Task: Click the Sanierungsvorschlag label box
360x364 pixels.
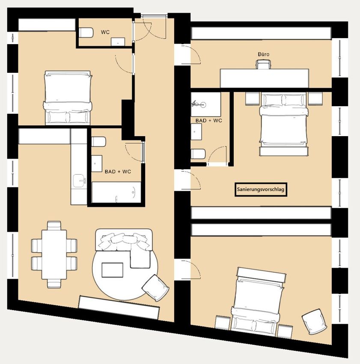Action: (x=261, y=189)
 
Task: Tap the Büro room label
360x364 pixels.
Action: (x=263, y=54)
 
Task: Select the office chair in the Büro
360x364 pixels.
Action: (x=263, y=64)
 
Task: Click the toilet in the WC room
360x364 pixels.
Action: (x=86, y=33)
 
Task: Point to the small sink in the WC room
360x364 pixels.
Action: (x=118, y=42)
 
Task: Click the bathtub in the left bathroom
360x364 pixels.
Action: (x=116, y=192)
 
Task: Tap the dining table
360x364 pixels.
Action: (x=54, y=254)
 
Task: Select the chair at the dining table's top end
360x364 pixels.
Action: (x=54, y=225)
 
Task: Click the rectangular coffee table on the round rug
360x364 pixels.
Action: (x=112, y=270)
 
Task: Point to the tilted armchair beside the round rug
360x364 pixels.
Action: (x=155, y=288)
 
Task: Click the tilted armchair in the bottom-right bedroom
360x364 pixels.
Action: (x=315, y=322)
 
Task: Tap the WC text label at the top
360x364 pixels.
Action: (x=105, y=32)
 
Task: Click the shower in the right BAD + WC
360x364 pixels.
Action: (x=205, y=104)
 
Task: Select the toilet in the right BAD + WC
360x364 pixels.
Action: (x=198, y=154)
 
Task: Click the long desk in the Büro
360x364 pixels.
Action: (x=265, y=78)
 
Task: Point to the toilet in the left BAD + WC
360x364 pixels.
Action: (x=98, y=142)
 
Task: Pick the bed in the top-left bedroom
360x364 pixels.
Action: (x=67, y=98)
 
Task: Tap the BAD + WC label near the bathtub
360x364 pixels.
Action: (x=118, y=172)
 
